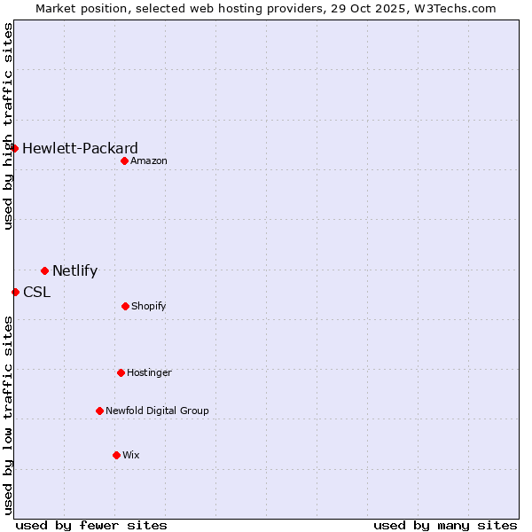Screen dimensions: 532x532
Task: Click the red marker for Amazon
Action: pyautogui.click(x=125, y=160)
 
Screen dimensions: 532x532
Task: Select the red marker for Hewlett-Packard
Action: pyautogui.click(x=15, y=148)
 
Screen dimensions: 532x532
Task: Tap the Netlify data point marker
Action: pyautogui.click(x=44, y=270)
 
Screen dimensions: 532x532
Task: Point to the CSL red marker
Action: pyautogui.click(x=15, y=292)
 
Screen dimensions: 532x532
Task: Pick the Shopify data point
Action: pyautogui.click(x=125, y=306)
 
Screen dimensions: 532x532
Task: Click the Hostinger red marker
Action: pyautogui.click(x=121, y=372)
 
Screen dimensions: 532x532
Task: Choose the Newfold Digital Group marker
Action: pyautogui.click(x=99, y=411)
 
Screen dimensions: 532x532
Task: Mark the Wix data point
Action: pyautogui.click(x=116, y=455)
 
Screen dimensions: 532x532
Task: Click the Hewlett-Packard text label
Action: pyautogui.click(x=80, y=148)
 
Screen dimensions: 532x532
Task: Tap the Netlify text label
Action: pyautogui.click(x=74, y=271)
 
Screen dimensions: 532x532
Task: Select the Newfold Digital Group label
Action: pyautogui.click(x=157, y=411)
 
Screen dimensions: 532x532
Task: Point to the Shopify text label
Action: pyautogui.click(x=148, y=306)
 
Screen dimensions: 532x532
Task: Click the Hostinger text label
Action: pyautogui.click(x=149, y=372)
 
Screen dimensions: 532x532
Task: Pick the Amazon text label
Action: pyautogui.click(x=149, y=160)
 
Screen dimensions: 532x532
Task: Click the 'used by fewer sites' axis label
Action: pyautogui.click(x=91, y=525)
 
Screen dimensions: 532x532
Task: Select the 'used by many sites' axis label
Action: pyautogui.click(x=445, y=525)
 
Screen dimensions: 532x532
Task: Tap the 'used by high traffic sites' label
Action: pyautogui.click(x=8, y=126)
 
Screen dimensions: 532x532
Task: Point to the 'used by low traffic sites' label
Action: pyautogui.click(x=8, y=415)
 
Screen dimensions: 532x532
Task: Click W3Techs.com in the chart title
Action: pyautogui.click(x=452, y=8)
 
